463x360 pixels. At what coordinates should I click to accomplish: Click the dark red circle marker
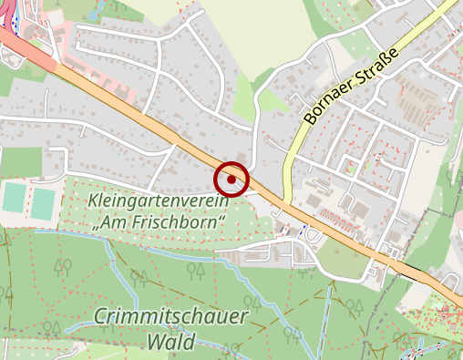click(232, 179)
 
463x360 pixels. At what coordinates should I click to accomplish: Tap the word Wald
click(170, 343)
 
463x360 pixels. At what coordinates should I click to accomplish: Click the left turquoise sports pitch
click(14, 198)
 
